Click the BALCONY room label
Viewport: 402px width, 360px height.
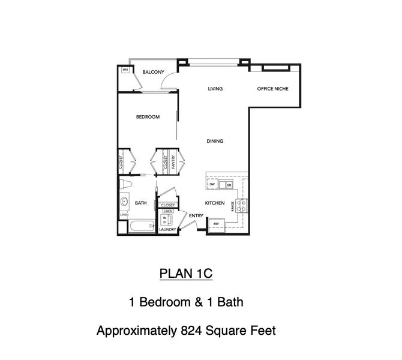click(x=153, y=73)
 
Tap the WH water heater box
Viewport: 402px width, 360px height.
click(x=125, y=70)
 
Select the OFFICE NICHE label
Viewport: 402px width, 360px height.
click(x=272, y=89)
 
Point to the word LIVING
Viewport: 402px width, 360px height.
click(x=215, y=89)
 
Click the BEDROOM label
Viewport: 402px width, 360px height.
click(x=148, y=117)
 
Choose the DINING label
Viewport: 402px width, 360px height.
click(x=215, y=142)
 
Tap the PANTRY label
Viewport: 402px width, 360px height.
click(x=173, y=162)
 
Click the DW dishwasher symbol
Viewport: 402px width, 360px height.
click(x=212, y=185)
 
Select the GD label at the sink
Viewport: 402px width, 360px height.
click(x=229, y=185)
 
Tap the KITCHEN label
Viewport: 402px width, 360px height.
click(x=214, y=203)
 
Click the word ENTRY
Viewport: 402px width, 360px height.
click(x=196, y=215)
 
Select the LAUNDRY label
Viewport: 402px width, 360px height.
click(x=167, y=229)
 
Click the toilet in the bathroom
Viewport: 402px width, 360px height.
click(x=124, y=184)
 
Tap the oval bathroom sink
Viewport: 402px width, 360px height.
click(x=124, y=202)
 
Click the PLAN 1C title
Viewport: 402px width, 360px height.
click(x=185, y=274)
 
